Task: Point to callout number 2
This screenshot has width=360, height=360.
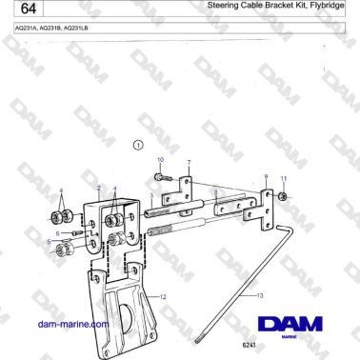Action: coord(99,189)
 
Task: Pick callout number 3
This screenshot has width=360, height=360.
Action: coord(150,196)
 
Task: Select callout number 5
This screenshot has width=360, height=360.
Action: coord(50,243)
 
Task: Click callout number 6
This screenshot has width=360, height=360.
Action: coord(57,231)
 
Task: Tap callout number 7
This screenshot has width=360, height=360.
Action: coord(189,163)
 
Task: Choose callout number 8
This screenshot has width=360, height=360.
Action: coord(217,192)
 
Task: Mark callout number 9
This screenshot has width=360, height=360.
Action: coord(265,177)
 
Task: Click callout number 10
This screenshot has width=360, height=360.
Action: coord(160,159)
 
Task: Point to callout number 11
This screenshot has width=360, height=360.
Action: coord(282,178)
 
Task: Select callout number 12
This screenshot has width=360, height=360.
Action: coord(163,298)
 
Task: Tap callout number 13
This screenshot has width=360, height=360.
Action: coord(259,297)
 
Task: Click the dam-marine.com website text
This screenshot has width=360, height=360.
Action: coord(70,324)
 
